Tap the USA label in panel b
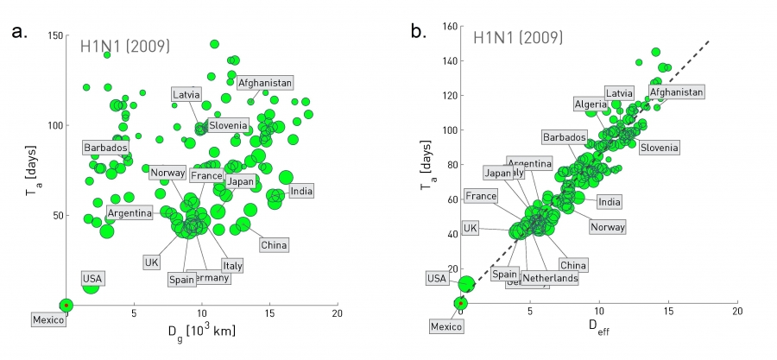pos(437,278)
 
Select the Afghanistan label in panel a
pos(265,83)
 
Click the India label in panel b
pos(610,202)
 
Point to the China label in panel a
pos(274,245)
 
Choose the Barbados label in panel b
pos(565,137)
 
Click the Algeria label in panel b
pos(591,104)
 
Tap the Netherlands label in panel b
pos(549,278)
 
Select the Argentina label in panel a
pos(130,212)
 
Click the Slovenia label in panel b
pos(659,148)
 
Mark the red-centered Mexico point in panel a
pos(66,305)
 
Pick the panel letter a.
pos(18,34)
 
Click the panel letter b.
pos(416,34)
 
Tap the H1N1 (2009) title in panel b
pos(518,38)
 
